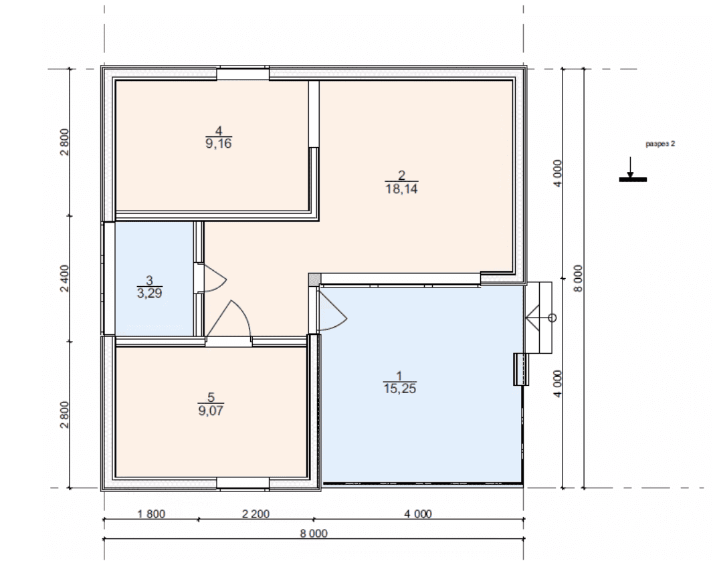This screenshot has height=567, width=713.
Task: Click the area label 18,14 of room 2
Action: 401,189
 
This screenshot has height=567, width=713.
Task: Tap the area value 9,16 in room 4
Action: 219,144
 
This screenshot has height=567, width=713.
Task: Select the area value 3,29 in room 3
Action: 149,293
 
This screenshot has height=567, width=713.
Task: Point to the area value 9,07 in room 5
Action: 211,410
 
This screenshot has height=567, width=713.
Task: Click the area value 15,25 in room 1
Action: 400,388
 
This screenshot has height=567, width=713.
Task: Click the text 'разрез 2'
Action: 660,144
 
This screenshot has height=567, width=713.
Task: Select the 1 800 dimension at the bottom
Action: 151,514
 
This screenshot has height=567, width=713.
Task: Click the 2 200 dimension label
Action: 256,514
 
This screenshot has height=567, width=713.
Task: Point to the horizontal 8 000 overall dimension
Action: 314,533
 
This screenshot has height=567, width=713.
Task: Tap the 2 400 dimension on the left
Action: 65,279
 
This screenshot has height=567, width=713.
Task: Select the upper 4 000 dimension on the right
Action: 558,173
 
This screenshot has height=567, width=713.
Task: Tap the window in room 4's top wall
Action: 243,73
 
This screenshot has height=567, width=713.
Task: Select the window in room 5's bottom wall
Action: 243,484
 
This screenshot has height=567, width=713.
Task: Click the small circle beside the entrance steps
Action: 552,318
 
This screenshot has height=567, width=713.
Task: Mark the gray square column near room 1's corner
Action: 314,279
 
